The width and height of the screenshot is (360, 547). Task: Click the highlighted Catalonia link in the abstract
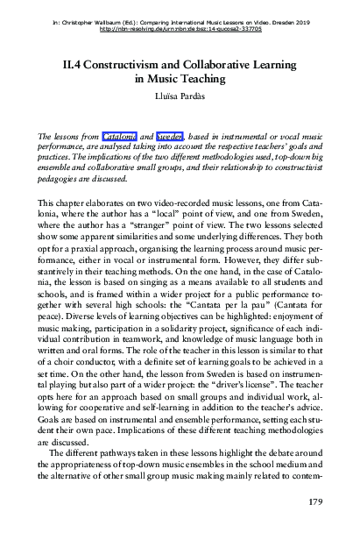pyautogui.click(x=119, y=138)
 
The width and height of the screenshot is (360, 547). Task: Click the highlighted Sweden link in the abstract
pyautogui.click(x=170, y=138)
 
